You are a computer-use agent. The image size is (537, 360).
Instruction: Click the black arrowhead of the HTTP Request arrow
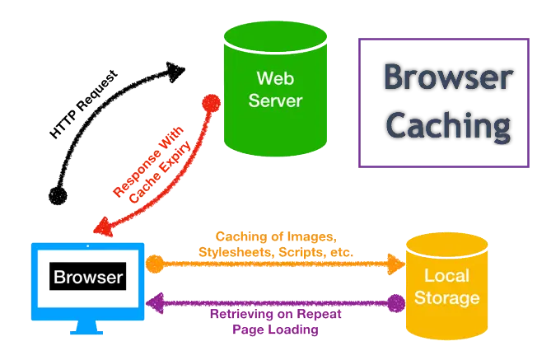(175, 72)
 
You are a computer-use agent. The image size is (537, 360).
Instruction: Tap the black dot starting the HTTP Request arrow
(58, 196)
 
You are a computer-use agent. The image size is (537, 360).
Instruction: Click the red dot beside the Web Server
(212, 104)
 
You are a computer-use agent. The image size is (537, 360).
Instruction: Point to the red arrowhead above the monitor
(103, 227)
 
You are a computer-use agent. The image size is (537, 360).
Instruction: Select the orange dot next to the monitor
(155, 264)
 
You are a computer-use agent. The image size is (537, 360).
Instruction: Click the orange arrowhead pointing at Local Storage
(396, 264)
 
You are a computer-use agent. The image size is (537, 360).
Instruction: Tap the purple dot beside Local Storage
(396, 303)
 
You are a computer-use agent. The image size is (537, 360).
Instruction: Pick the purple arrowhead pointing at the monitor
(155, 303)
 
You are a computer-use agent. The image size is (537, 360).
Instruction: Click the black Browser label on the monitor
(87, 277)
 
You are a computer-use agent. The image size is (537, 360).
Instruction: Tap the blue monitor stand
(86, 327)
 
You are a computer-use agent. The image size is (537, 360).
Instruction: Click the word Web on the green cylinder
(275, 78)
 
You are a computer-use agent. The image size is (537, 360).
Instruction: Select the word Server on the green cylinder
(275, 101)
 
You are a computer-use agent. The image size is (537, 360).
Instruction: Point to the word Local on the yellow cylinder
(446, 275)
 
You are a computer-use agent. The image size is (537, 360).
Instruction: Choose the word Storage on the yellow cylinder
(447, 297)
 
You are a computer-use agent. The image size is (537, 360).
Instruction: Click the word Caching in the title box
(448, 127)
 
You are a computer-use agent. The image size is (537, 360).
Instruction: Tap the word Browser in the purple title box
(448, 77)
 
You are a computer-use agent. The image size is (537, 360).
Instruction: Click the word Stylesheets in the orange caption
(236, 252)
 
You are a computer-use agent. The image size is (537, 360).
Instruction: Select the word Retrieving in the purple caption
(242, 314)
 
